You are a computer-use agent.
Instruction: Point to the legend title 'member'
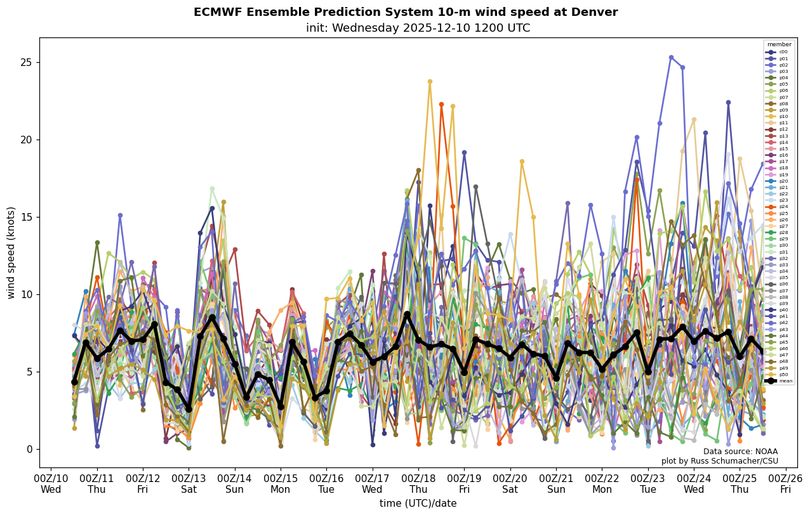point(779,44)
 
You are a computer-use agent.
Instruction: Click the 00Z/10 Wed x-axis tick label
point(51,483)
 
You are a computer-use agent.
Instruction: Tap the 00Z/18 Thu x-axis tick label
point(418,483)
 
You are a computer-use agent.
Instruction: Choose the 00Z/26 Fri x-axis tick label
point(786,483)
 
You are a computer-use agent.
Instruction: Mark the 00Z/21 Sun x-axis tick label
point(556,483)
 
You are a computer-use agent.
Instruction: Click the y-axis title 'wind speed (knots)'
point(11,252)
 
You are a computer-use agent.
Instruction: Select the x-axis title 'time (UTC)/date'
point(418,504)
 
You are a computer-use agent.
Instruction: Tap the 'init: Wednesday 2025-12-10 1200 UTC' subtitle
point(418,28)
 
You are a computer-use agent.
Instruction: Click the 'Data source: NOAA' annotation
point(740,452)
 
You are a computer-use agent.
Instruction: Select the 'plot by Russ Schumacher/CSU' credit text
point(719,461)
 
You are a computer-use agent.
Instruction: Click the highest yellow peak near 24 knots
point(430,81)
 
